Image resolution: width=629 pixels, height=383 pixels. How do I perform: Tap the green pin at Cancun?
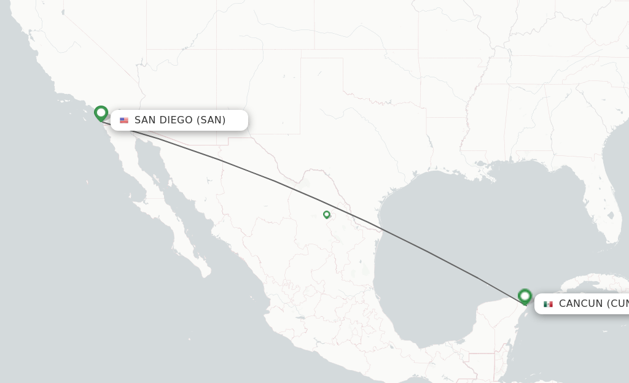525,296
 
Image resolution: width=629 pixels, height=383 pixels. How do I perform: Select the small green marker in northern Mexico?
327,214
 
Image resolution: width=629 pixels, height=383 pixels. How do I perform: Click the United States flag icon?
124,120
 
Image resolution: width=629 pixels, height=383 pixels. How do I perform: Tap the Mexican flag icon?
548,304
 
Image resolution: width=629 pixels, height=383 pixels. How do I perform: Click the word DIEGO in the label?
176,120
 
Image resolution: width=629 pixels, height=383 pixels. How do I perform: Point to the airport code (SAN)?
211,120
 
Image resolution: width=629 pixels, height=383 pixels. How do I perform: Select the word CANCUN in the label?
580,304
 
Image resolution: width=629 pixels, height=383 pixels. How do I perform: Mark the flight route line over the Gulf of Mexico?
442,258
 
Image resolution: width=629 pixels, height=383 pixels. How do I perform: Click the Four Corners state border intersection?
216,50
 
